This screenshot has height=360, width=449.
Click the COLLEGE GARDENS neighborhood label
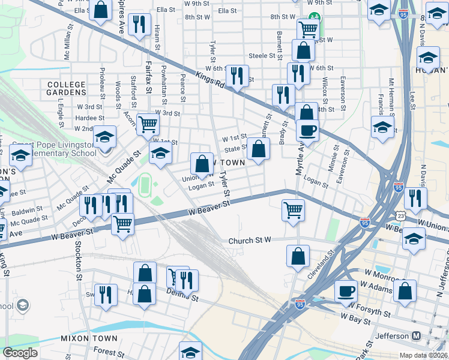click(x=66, y=88)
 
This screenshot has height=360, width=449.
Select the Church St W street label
click(x=250, y=241)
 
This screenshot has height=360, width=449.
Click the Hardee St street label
click(x=89, y=118)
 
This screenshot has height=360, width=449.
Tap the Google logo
click(x=20, y=353)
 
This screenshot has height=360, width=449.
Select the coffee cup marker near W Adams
click(x=345, y=292)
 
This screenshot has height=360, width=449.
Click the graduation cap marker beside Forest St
click(x=190, y=352)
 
